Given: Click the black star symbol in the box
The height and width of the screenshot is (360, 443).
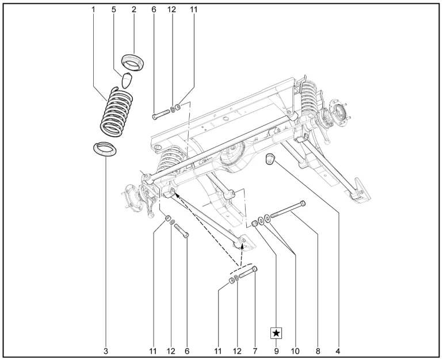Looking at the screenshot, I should [277, 333].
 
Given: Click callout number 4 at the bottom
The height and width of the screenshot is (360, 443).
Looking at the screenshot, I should [338, 349].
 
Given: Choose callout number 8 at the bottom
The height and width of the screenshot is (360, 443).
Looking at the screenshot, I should [318, 349].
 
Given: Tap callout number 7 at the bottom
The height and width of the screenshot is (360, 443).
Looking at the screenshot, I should [254, 349].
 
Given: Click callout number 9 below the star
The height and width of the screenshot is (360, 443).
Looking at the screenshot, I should [277, 349].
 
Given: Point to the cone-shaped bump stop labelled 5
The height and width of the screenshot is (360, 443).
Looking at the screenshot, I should [128, 79].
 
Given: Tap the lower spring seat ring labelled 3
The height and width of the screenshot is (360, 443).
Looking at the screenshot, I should [104, 150].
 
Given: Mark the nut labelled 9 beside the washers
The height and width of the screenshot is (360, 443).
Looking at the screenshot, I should [254, 223].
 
